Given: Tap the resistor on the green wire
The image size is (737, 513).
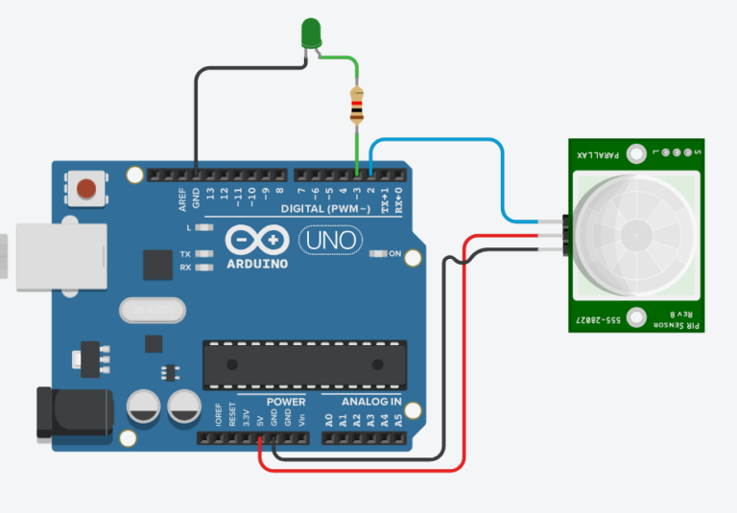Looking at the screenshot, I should tap(357, 105).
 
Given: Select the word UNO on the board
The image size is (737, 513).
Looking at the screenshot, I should tap(328, 239).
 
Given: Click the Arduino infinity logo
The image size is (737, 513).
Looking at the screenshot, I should tap(257, 241).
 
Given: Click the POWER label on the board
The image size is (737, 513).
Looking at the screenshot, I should tap(286, 402).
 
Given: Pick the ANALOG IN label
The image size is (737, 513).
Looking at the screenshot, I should tap(368, 402).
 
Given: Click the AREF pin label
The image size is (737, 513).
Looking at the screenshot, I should tap(182, 198).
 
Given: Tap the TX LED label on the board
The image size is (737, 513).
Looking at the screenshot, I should tap(184, 254).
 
